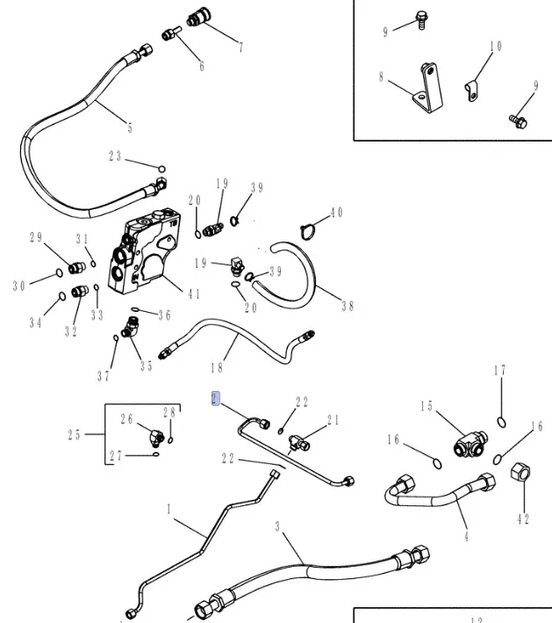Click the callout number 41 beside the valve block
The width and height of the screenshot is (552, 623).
[x=194, y=294]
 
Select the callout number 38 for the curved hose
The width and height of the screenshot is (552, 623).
[x=348, y=307]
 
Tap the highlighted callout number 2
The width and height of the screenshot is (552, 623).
[x=213, y=397]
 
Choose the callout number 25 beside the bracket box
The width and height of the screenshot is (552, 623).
[x=75, y=434]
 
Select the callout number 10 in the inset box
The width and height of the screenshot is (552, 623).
[x=496, y=46]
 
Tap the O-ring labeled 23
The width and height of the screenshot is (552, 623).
[x=162, y=168]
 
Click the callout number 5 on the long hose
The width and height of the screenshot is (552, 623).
[x=130, y=128]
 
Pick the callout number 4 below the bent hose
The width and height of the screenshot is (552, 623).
[x=466, y=536]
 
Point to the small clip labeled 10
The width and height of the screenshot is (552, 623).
[x=473, y=86]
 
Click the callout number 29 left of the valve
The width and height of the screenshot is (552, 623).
[x=35, y=238]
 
